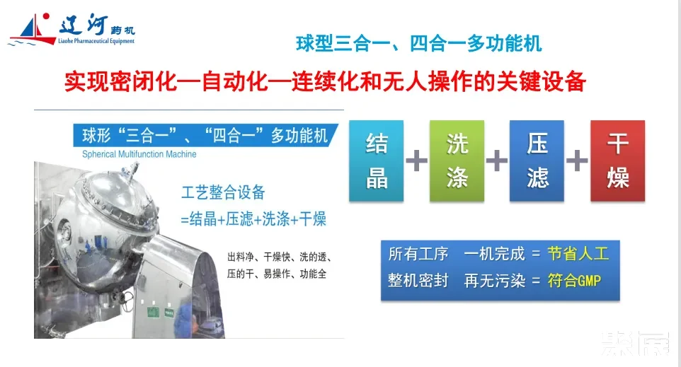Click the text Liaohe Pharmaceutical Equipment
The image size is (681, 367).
coord(96,41)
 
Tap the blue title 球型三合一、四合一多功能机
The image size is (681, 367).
coord(418,44)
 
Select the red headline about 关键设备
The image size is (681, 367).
coord(326,81)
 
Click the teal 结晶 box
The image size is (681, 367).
coord(376,161)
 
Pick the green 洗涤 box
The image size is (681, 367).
coord(457,161)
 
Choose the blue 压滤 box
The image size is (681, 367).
coord(537,161)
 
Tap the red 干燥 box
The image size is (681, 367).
coord(617,161)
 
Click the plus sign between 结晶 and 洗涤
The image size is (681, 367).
coord(416,161)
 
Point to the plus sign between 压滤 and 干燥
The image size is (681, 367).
coord(577,161)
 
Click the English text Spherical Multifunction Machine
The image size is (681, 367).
coord(139,154)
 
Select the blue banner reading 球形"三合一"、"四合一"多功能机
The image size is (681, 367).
coord(205,135)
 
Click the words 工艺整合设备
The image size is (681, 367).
coord(223,192)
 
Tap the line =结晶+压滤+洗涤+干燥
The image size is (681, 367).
coord(253,219)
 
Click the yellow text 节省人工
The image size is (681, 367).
coord(578,254)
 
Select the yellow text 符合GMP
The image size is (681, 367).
coord(574,281)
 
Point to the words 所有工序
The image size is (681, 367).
coord(418,254)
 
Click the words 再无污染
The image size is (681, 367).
coord(494,281)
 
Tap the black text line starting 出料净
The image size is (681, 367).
coord(280,257)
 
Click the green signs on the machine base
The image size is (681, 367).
coord(160,311)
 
